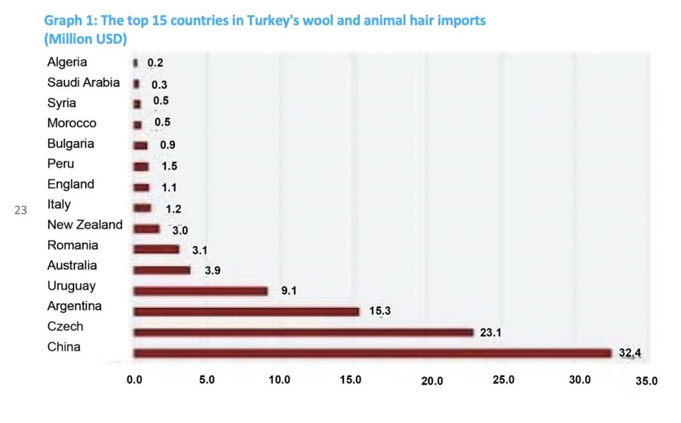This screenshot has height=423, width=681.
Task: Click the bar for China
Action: coord(372,353)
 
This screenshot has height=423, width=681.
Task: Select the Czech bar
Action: coord(303,332)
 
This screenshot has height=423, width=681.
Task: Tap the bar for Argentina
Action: coord(246,311)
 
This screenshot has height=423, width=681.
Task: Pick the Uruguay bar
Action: coord(200,291)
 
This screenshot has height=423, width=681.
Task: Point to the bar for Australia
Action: coord(162,270)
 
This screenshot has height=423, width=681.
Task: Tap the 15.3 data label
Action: coord(376,311)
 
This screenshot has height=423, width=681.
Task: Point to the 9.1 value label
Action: coord(289,291)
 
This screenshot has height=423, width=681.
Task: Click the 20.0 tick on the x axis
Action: coord(432,380)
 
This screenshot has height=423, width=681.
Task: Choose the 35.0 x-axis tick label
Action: coord(646,381)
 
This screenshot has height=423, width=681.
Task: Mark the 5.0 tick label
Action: coord(206,380)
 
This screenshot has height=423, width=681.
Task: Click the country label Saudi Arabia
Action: coord(84,83)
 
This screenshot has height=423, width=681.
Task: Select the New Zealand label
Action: coord(84,225)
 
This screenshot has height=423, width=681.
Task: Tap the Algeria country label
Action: coord(67,63)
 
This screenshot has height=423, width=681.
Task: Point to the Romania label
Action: coord(72,245)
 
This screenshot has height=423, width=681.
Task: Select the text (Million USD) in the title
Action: coord(85,39)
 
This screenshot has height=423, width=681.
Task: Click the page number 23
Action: coord(21,211)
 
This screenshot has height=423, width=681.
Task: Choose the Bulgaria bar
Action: coord(140,146)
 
